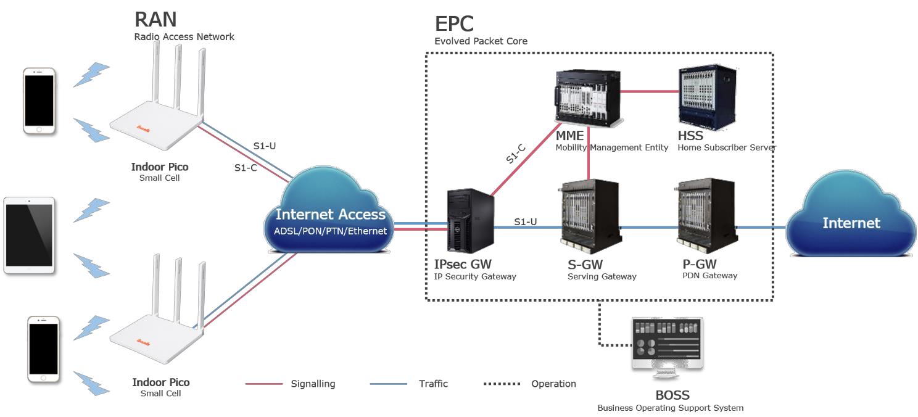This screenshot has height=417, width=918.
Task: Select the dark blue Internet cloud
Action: pos(851,216)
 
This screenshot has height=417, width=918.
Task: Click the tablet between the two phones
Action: pos(30,235)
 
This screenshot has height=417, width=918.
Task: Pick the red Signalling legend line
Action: pos(264,384)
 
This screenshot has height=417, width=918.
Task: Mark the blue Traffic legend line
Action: pos(389,384)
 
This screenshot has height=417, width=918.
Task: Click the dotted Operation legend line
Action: pos(502,384)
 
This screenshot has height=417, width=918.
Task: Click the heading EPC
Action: pos(454,23)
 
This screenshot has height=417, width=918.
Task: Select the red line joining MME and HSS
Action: pos(648,91)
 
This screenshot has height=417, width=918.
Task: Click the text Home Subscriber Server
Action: pos(726,147)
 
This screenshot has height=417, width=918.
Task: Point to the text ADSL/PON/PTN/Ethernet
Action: pos(330,231)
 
